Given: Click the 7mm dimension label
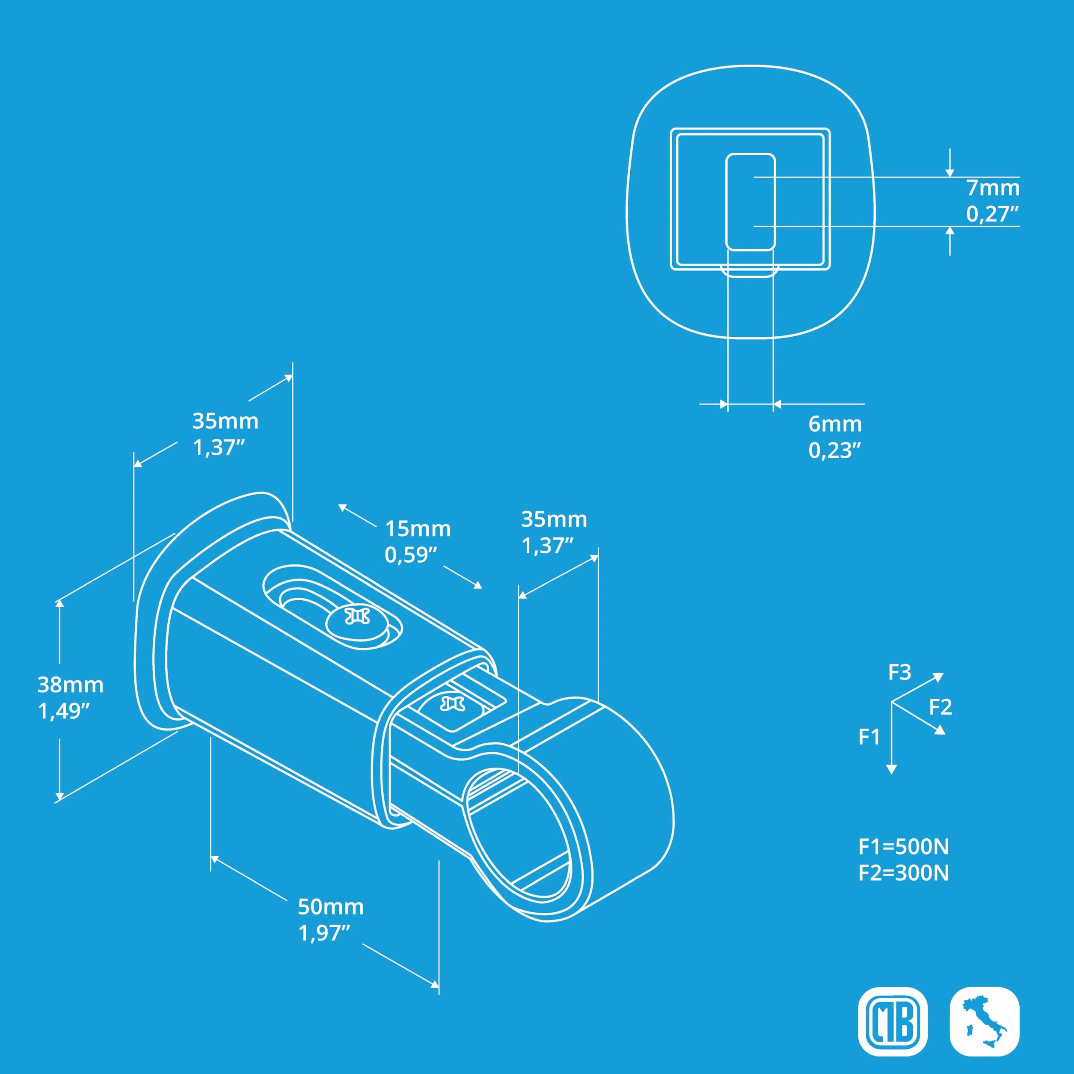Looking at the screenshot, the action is tap(993, 188).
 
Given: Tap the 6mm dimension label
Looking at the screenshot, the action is tap(835, 424).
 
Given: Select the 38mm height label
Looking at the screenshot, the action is tap(71, 685).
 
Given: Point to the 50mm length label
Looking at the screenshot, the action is tap(331, 907).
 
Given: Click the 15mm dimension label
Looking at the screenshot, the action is tap(418, 529).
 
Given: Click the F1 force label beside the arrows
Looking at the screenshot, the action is tap(869, 737).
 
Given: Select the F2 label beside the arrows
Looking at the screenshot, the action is tap(940, 707).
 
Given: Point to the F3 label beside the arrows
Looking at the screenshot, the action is tap(899, 673).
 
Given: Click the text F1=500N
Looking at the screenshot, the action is tap(904, 847).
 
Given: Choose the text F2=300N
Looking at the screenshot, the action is tap(904, 873).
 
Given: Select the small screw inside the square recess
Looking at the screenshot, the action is tap(452, 705).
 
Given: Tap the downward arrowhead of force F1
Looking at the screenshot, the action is tap(892, 769).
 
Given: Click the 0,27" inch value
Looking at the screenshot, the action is tap(993, 214).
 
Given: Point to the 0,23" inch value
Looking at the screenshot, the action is tap(835, 450).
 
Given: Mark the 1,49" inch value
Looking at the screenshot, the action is tap(64, 711).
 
